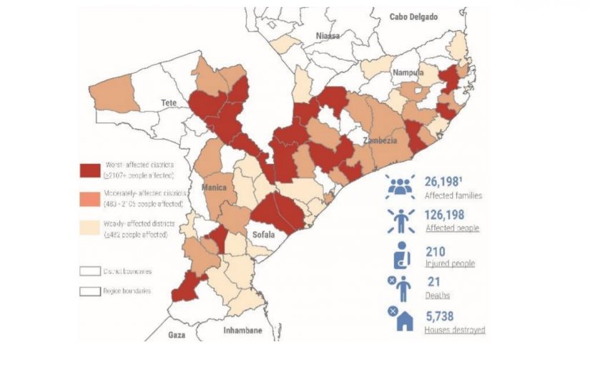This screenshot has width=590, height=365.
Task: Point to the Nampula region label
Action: (408, 73)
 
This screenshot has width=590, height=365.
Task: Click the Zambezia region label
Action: (380, 141)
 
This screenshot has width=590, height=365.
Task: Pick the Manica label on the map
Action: (214, 188)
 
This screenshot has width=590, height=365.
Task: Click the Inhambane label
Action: (242, 331)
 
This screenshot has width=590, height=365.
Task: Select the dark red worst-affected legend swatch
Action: (90, 170)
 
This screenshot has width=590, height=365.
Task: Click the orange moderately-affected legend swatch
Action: (90, 198)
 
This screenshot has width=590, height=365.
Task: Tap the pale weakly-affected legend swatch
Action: (90, 228)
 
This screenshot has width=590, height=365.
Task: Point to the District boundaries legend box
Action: (90, 271)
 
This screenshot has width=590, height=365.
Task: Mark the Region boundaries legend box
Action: (90, 291)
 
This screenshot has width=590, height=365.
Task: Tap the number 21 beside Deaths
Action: (433, 281)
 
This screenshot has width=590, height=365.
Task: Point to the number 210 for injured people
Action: (436, 251)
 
